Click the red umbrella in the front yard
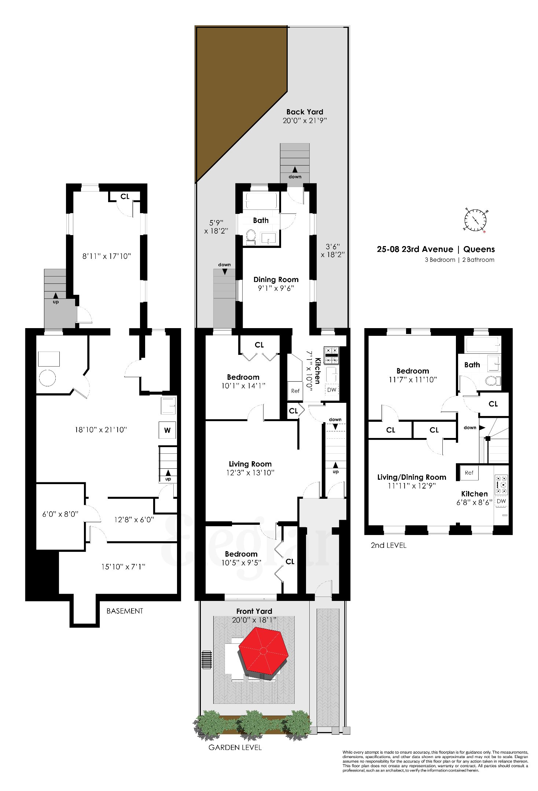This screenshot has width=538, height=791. (263, 651)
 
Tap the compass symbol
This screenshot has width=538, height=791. (476, 220)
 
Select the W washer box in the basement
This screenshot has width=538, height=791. (167, 430)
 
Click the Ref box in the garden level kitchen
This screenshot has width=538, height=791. (295, 391)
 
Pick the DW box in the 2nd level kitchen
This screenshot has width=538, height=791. (501, 501)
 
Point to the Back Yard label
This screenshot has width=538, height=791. (305, 112)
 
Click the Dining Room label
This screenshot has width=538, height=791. (276, 280)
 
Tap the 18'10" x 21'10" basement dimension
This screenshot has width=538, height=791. (101, 430)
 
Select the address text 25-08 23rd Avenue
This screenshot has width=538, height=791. (415, 249)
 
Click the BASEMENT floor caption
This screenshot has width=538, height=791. (125, 611)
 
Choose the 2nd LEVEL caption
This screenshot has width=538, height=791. (388, 545)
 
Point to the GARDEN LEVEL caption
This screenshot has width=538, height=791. (235, 747)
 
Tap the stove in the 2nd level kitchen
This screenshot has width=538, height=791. (501, 484)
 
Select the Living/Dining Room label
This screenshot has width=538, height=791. (412, 477)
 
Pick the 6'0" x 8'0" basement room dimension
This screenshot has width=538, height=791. (60, 514)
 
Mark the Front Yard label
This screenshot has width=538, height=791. (254, 611)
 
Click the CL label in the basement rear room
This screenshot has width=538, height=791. (125, 197)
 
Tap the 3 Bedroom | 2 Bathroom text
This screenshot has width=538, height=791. (459, 260)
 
